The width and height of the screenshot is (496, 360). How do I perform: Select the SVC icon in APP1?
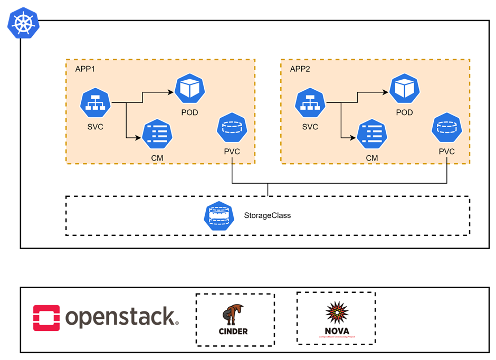[96, 103]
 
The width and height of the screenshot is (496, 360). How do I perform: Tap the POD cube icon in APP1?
[189, 89]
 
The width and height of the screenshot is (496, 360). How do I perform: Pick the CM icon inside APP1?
[157, 135]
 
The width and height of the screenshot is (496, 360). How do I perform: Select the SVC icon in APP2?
[310, 103]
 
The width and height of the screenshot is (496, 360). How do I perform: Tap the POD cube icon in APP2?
[404, 89]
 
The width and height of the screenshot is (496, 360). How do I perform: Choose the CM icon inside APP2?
[371, 135]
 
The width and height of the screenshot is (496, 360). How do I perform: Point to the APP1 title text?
[85, 69]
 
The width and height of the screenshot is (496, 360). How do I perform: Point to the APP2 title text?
[300, 69]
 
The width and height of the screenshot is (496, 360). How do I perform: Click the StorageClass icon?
[218, 215]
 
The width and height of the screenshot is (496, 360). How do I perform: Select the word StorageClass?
[267, 215]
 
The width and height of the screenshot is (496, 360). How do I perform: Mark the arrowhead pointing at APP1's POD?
[172, 92]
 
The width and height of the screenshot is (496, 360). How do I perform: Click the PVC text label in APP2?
[446, 151]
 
